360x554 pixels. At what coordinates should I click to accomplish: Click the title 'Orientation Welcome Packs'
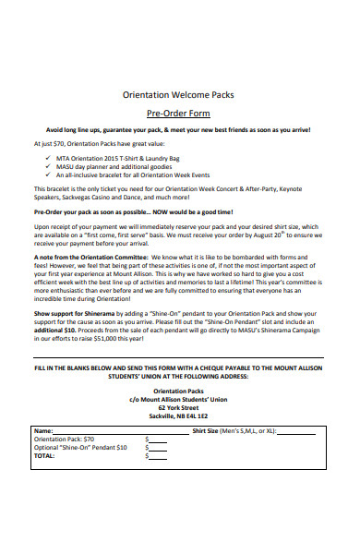coord(180,93)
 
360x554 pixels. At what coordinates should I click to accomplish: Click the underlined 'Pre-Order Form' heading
coord(180,112)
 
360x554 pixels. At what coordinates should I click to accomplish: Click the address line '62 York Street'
coord(180,406)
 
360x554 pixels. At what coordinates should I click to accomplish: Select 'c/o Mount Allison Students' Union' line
coord(180,398)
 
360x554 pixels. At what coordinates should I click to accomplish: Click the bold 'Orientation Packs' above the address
coord(180,390)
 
